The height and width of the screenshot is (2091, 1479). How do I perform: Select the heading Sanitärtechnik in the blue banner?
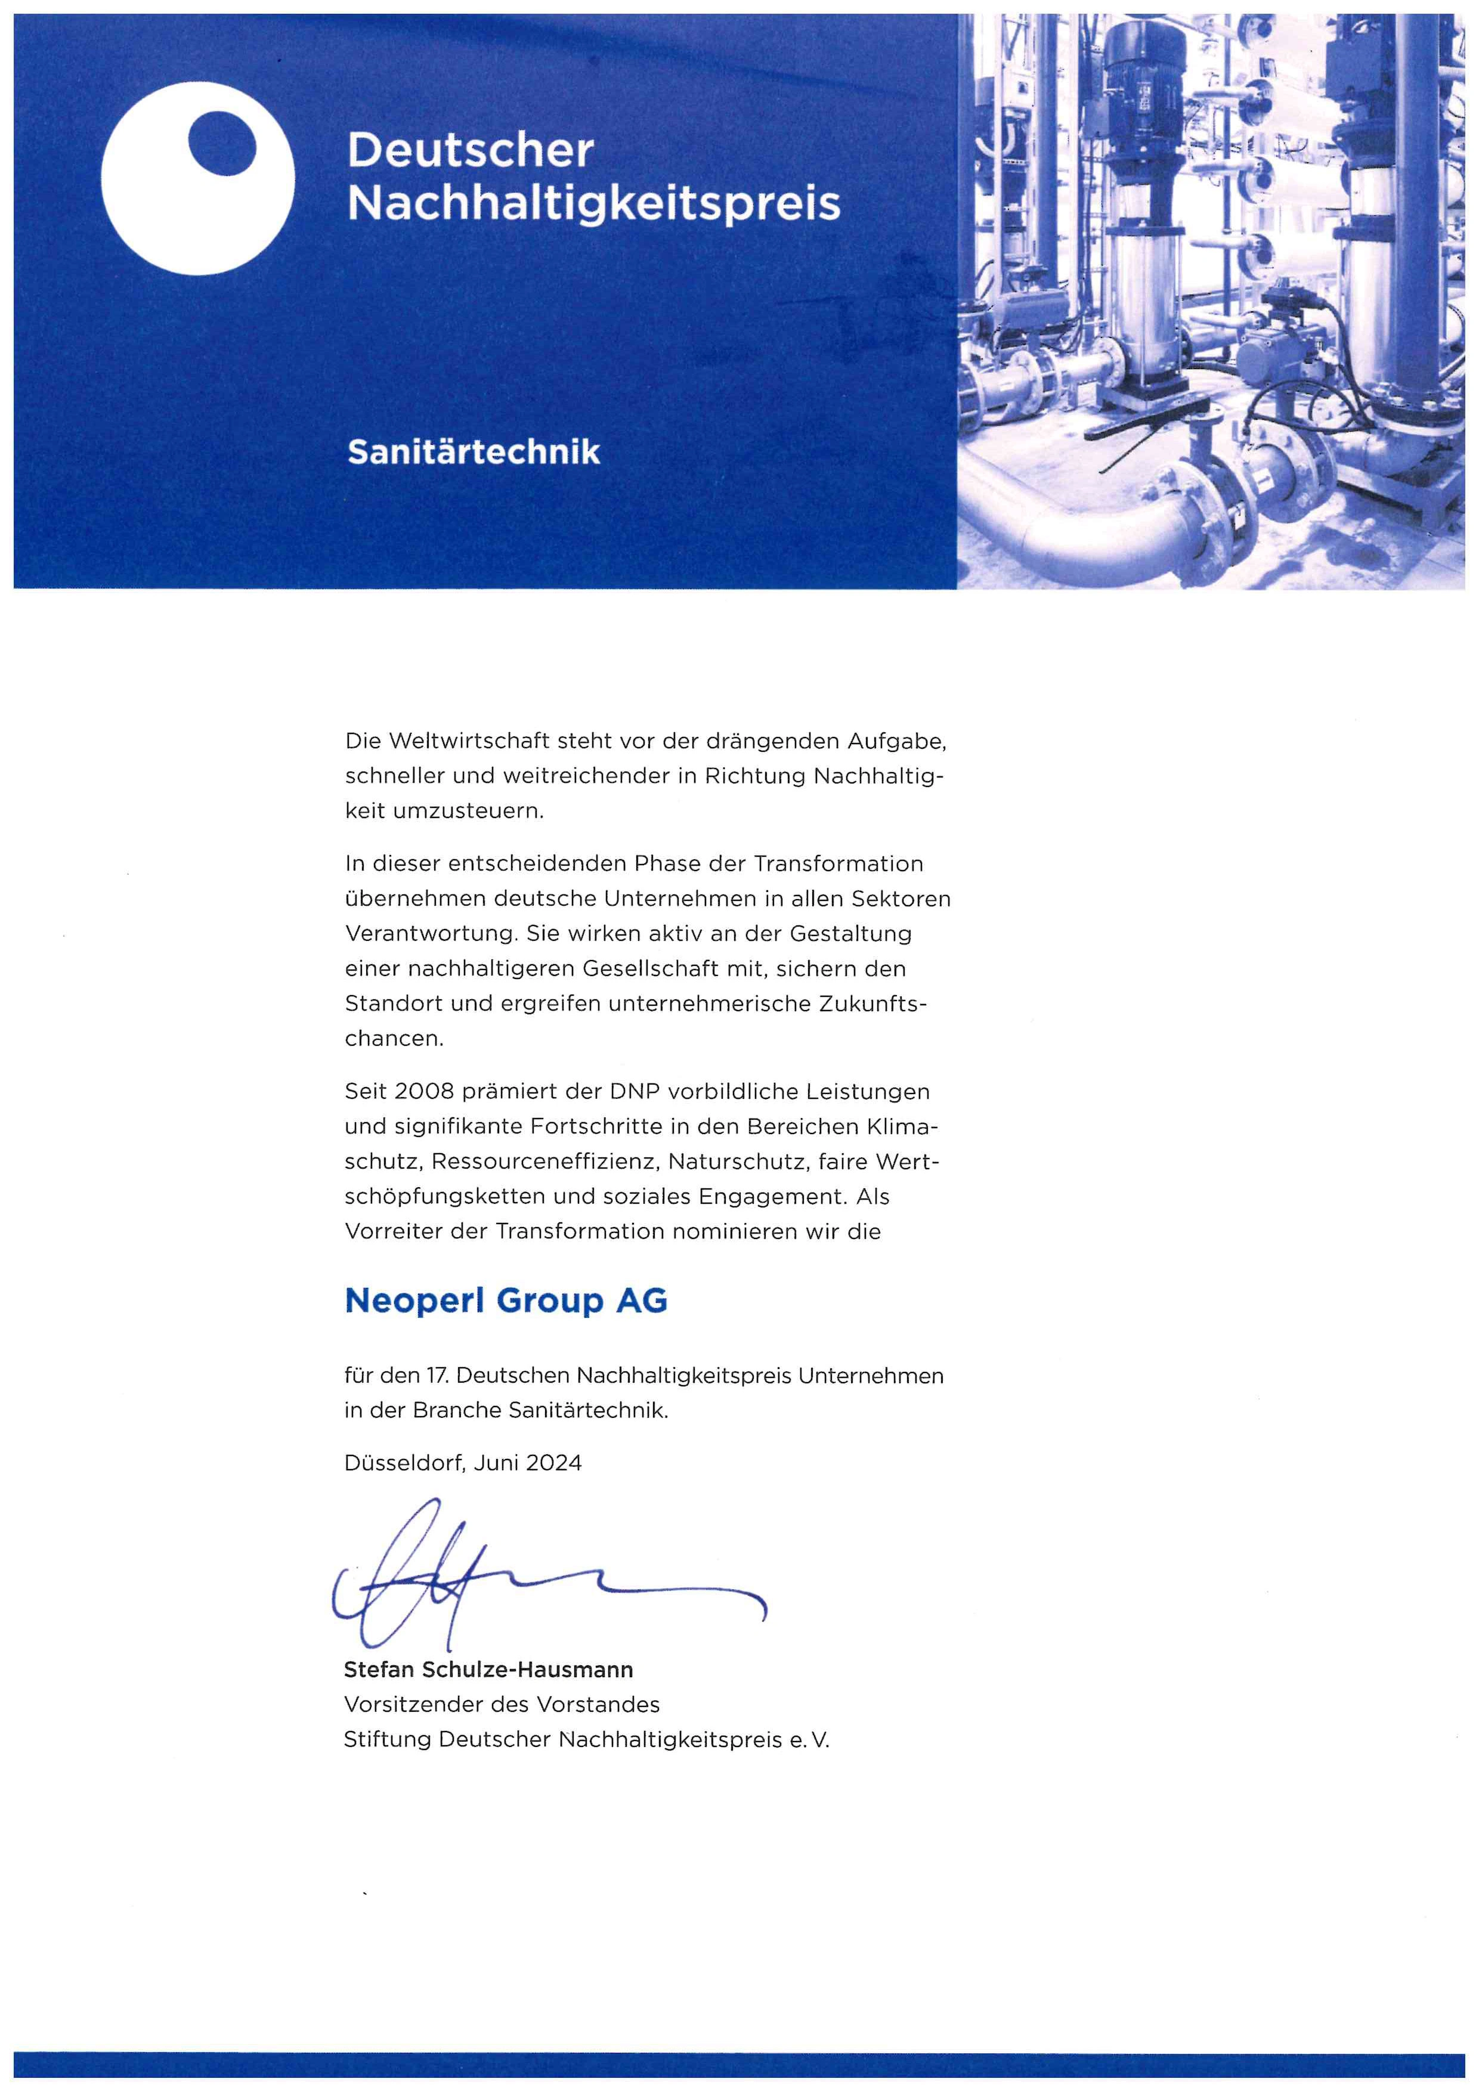pyautogui.click(x=474, y=453)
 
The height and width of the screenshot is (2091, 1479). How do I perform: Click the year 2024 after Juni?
pyautogui.click(x=553, y=1463)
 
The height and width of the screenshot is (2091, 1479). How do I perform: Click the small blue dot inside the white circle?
pyautogui.click(x=221, y=142)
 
